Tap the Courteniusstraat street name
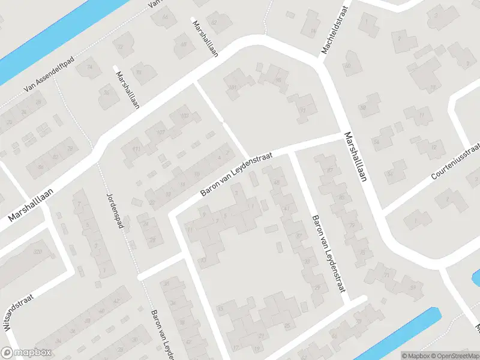(x=457, y=161)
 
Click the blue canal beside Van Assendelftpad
(x=36, y=42)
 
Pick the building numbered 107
(x=160, y=133)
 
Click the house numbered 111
(x=136, y=149)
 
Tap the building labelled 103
(x=184, y=116)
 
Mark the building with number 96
(x=277, y=79)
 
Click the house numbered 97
(x=304, y=110)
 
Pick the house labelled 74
(x=90, y=67)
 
